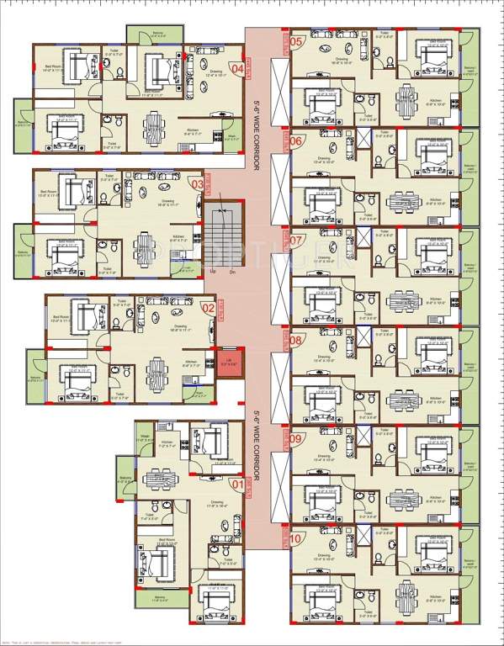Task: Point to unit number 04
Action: [x=236, y=69]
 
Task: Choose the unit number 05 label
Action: [x=296, y=41]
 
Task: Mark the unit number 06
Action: [x=296, y=140]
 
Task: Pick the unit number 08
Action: [x=296, y=340]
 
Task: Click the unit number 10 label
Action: [x=296, y=539]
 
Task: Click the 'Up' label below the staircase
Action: [x=213, y=272]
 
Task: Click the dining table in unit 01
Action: [x=157, y=478]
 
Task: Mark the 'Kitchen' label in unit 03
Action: [x=178, y=236]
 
